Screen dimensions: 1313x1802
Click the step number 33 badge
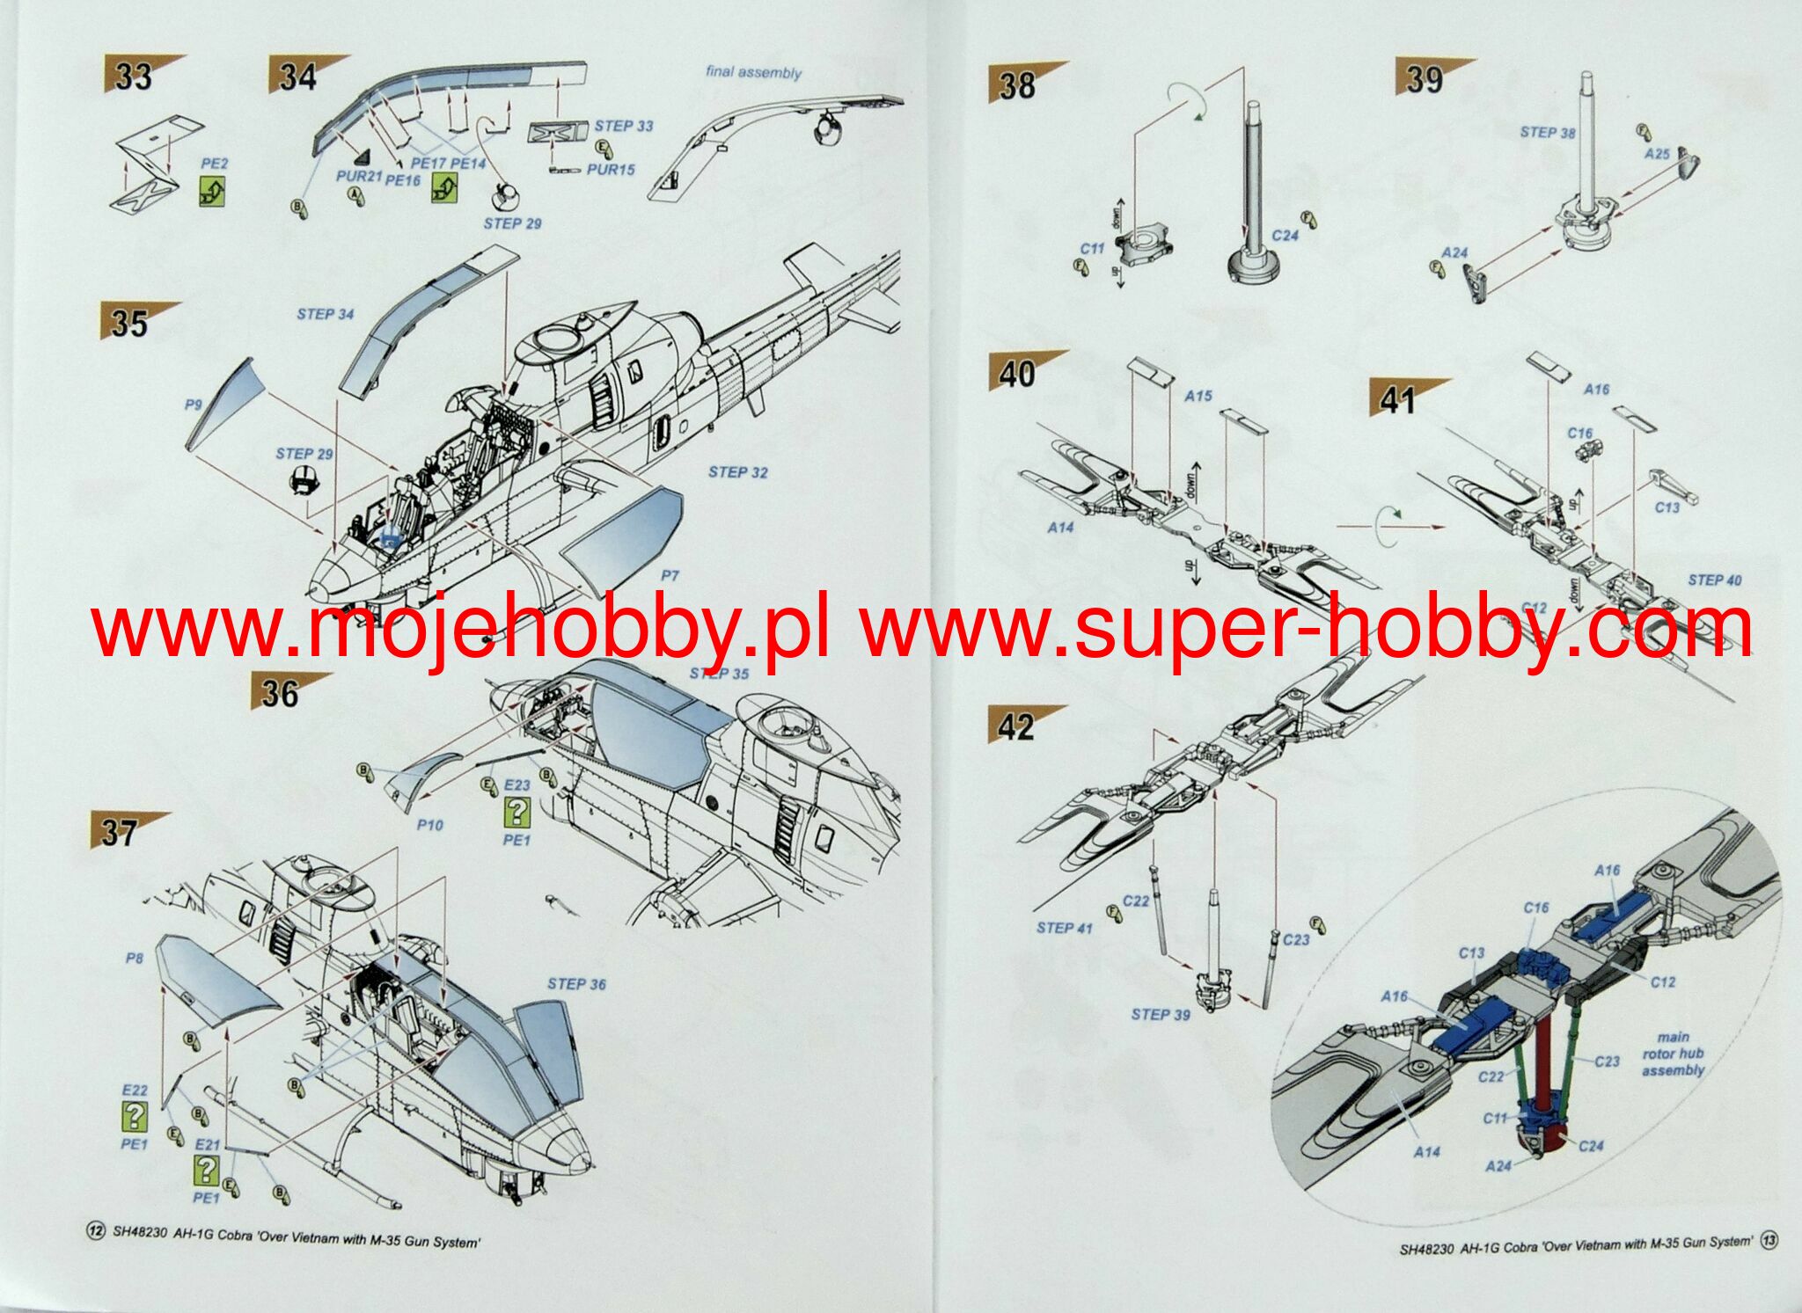click(x=135, y=77)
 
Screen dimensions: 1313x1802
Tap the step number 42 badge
click(x=1018, y=726)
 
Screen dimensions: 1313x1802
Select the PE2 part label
click(x=214, y=164)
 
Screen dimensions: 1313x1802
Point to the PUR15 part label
click(x=611, y=169)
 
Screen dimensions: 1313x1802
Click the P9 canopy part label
click(x=194, y=405)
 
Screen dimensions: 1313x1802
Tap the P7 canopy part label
click(x=670, y=576)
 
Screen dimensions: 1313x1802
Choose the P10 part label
click(x=429, y=825)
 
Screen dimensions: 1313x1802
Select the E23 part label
click(x=516, y=785)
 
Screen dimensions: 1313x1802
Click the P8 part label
click(x=134, y=958)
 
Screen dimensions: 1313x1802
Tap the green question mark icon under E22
click(x=134, y=1117)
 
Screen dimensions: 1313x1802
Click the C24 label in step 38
click(x=1286, y=236)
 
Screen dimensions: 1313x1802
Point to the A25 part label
click(x=1657, y=154)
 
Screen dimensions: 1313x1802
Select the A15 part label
click(x=1198, y=397)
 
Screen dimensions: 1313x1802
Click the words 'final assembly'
click(x=753, y=72)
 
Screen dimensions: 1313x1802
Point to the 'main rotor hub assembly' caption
click(x=1673, y=1054)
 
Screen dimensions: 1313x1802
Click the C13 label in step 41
click(x=1666, y=507)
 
